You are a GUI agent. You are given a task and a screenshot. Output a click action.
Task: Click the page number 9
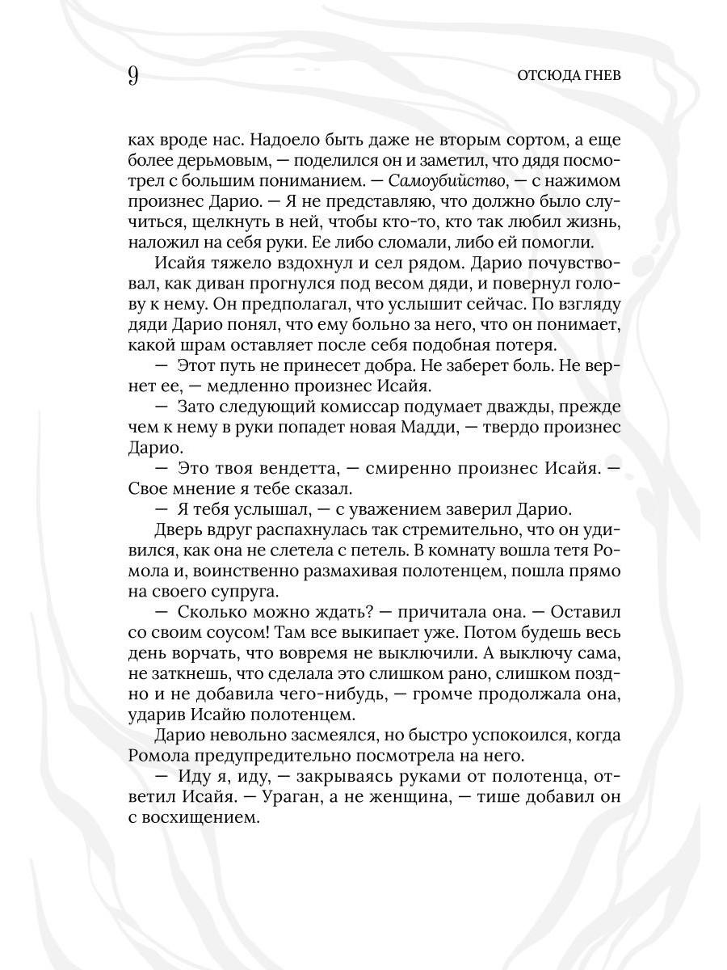click(133, 76)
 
